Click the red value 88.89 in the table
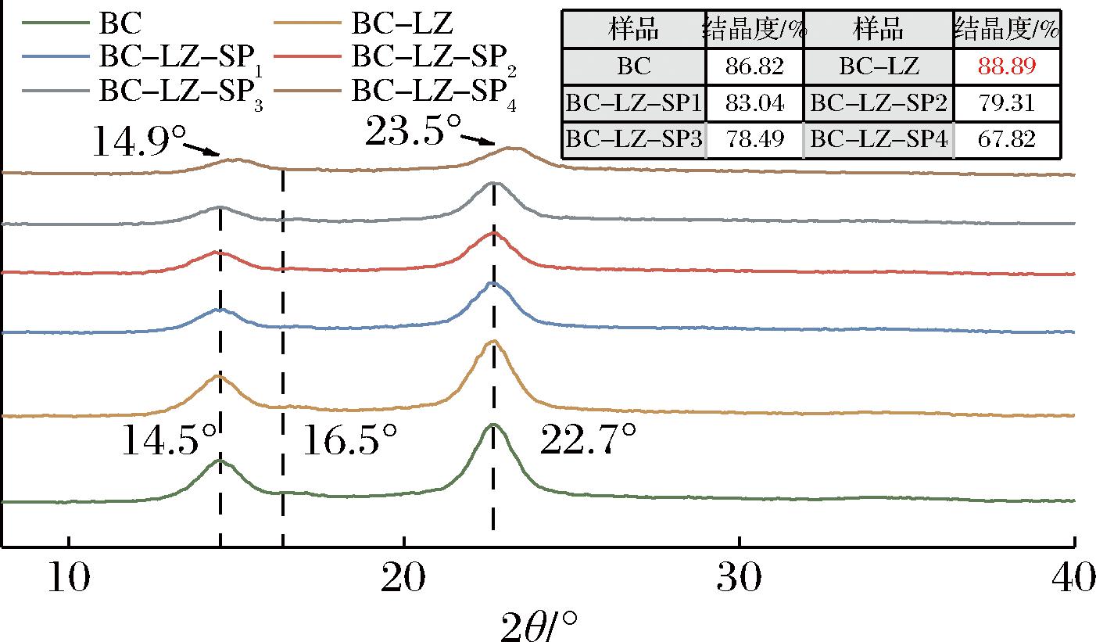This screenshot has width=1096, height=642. coord(1007,66)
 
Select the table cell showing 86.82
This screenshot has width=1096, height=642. coord(754,66)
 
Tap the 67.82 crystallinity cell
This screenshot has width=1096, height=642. coord(1007,139)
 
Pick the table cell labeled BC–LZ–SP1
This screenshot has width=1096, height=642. coord(634,103)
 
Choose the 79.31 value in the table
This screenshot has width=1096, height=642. coord(1007,103)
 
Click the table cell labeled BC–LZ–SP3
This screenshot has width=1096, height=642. coord(634,139)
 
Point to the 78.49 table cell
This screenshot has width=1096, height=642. coord(754,139)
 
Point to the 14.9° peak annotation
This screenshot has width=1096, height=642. coord(141,141)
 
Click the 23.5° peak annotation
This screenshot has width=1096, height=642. coord(413,131)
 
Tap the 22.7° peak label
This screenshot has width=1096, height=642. coord(589,443)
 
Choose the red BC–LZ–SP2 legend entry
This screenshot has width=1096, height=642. coord(431,57)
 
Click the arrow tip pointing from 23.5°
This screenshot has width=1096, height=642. coord(496,145)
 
